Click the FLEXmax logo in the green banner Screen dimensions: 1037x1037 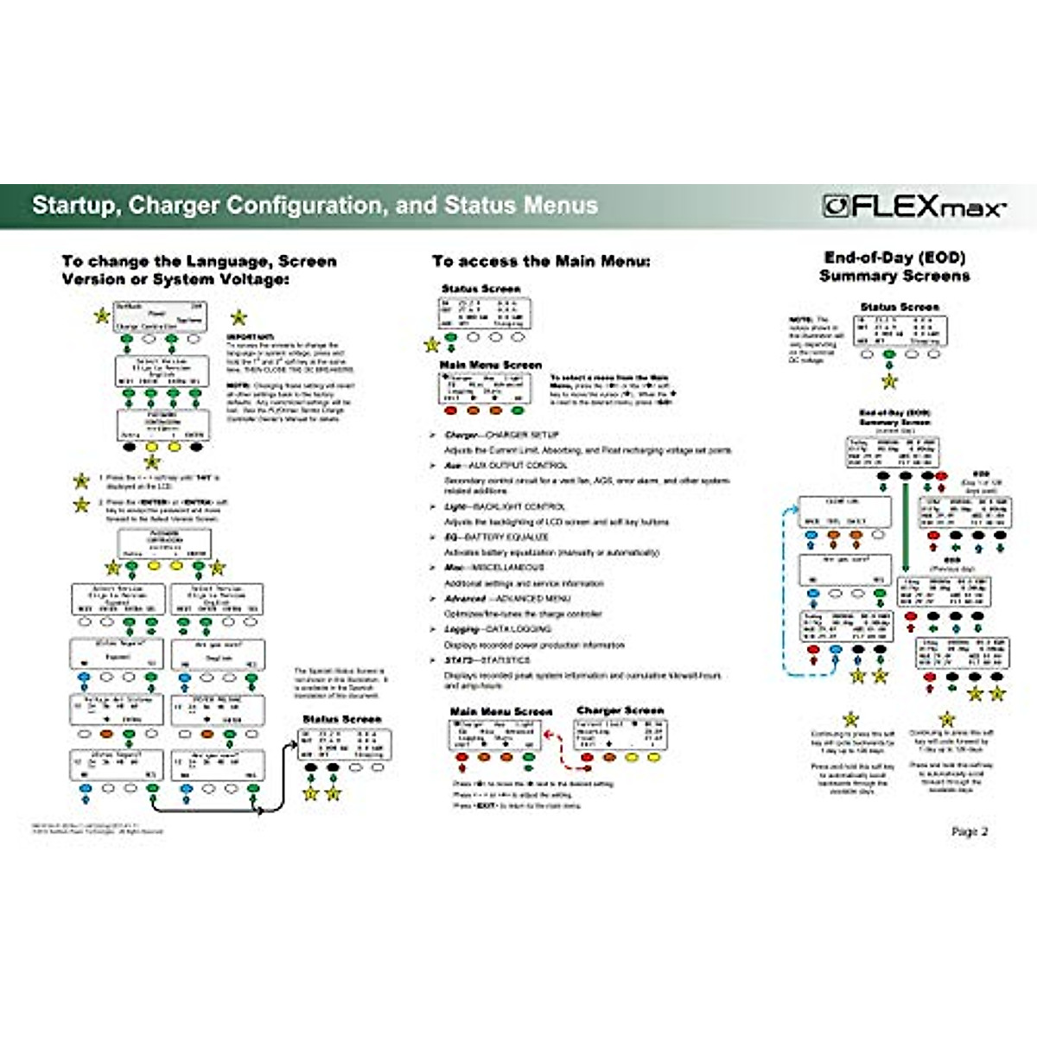point(914,207)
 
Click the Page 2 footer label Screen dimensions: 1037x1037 point(969,831)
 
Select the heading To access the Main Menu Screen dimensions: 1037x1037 point(541,261)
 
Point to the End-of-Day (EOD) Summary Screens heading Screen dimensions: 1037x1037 point(894,266)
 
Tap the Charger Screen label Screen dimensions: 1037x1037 point(620,710)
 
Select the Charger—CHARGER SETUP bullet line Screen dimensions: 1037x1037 point(501,435)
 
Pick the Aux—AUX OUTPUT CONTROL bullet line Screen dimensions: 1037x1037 point(506,465)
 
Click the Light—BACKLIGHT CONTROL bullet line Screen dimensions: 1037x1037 point(505,506)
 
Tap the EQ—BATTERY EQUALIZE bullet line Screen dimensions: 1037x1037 point(496,537)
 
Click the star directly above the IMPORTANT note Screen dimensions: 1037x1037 point(239,318)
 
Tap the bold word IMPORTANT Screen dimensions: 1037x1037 point(251,336)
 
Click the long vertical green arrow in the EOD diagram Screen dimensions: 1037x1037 point(905,527)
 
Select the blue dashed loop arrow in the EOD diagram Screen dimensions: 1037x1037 point(786,588)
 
